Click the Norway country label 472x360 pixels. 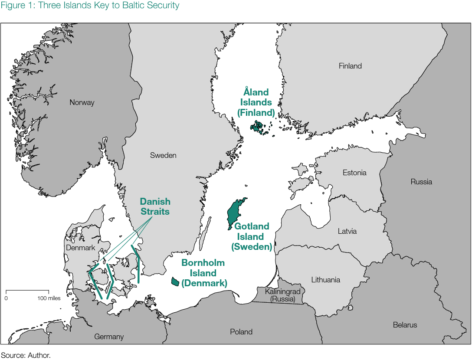point(82,103)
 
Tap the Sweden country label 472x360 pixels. point(163,155)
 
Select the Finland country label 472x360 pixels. point(350,66)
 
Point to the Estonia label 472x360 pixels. point(354,173)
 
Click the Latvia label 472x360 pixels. point(347,231)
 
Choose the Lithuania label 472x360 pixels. point(325,280)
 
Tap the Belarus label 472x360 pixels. point(405,325)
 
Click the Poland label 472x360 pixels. point(241,332)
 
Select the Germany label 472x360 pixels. point(109,337)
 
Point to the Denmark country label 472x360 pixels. point(80,248)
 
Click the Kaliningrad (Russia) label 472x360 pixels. point(282,295)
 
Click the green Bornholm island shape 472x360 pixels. point(175,281)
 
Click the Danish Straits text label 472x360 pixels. point(155,206)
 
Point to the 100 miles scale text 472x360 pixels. point(49,298)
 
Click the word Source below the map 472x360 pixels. point(13,355)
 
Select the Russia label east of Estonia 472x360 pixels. point(421,182)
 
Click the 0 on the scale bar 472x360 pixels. point(6,298)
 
